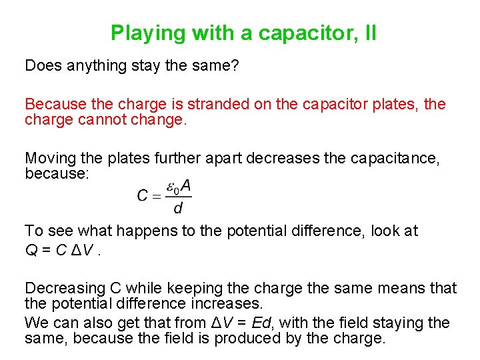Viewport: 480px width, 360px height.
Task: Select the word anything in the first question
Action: (93, 65)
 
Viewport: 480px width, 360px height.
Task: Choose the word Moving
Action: (49, 158)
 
